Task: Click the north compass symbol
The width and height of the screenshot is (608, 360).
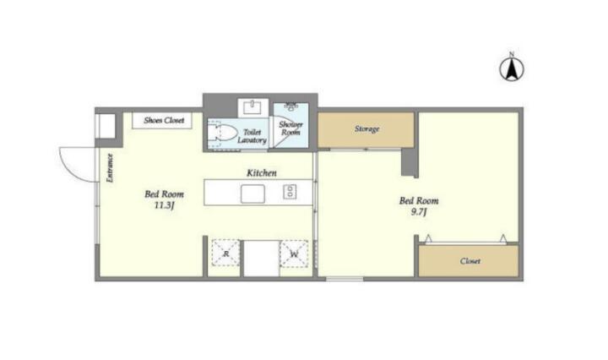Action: tap(512, 69)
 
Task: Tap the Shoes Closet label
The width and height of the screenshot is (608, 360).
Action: tap(164, 120)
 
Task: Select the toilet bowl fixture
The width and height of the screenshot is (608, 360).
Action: tap(222, 133)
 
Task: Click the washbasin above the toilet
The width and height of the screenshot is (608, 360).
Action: tap(252, 107)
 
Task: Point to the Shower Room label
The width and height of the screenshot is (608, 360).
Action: tap(290, 128)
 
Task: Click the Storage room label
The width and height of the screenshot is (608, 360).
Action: tap(366, 128)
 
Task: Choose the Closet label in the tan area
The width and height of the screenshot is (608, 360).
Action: tap(470, 261)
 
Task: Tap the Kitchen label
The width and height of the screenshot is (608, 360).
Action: tap(262, 173)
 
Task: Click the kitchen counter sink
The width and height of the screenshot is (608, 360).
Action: tap(252, 194)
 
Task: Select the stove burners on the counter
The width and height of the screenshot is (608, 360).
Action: tap(290, 192)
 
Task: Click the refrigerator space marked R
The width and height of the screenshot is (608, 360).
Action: tap(225, 253)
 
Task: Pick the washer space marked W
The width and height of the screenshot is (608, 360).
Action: tap(294, 254)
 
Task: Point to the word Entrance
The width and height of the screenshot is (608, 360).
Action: tap(110, 168)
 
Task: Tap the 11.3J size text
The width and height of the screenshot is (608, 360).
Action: tap(164, 205)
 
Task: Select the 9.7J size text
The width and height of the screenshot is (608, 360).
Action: tap(419, 212)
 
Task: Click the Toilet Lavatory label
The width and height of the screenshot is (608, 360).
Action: tap(252, 136)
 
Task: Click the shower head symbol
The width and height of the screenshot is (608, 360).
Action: tap(290, 106)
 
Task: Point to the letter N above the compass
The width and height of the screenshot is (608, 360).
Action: tap(512, 54)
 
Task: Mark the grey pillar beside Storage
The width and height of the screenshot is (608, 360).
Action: tap(410, 162)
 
